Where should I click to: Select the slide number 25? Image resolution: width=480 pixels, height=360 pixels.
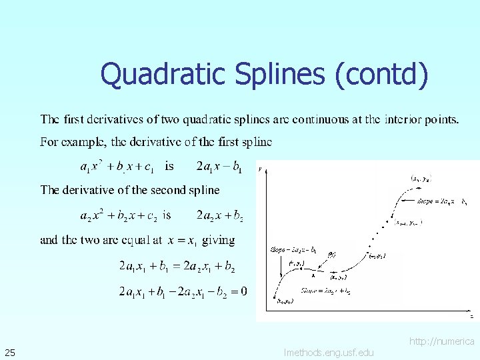click(x=10, y=351)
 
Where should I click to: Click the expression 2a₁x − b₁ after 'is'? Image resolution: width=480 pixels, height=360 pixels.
click(x=219, y=166)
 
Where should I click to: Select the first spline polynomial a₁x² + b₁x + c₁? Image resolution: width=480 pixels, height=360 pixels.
click(x=117, y=166)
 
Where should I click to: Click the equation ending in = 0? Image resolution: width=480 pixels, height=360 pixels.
click(x=183, y=291)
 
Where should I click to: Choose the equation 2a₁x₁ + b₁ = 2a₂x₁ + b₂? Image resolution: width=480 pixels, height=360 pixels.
click(x=177, y=267)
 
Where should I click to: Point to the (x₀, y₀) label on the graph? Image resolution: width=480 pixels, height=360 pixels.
click(x=284, y=301)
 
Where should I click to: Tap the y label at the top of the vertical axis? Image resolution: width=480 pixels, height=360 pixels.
click(x=260, y=169)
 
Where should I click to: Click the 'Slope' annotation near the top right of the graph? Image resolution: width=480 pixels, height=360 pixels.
click(x=440, y=200)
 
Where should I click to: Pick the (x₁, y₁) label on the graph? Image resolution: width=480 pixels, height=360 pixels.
click(x=296, y=263)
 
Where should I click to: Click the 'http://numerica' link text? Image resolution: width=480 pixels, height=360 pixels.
click(x=441, y=341)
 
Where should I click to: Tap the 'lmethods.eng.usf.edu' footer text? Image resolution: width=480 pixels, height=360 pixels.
click(x=329, y=352)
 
